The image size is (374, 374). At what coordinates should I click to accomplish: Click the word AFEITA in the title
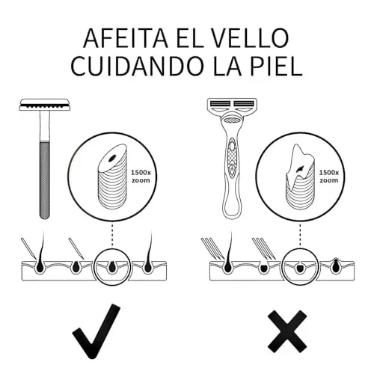coord(126,38)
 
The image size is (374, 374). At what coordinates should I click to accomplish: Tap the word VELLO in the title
coord(250,38)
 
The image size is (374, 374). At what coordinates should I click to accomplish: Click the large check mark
coord(96,331)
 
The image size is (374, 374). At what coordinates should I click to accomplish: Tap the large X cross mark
coord(287,331)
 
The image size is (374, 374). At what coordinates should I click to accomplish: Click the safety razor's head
coord(45,105)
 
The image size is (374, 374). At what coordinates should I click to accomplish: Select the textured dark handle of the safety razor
coord(45,180)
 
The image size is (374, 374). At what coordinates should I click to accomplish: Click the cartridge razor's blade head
coord(232,105)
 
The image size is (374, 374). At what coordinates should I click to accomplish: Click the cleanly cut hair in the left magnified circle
coord(112,177)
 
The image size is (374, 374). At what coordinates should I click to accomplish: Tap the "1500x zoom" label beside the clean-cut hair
coord(141,177)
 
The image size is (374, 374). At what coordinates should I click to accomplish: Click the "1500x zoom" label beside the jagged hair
coord(329,177)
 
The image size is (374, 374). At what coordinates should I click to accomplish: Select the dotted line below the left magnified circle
coord(112,235)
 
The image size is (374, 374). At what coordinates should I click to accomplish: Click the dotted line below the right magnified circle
coord(300,235)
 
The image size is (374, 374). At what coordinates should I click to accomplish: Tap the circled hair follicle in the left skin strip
coord(112,267)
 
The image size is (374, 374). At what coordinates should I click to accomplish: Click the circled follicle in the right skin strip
coord(300,268)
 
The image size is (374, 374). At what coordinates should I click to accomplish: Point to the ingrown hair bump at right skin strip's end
coord(336,265)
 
